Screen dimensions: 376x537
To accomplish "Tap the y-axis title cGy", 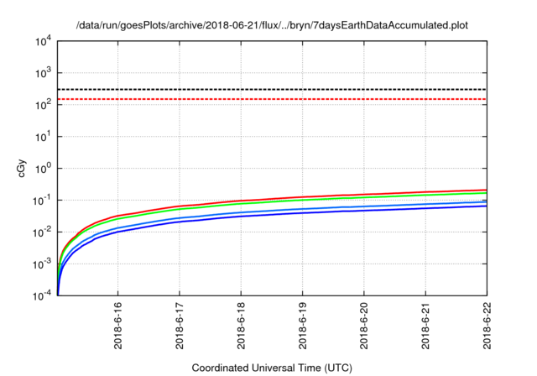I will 23,168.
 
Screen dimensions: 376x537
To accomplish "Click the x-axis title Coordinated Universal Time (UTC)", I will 272,368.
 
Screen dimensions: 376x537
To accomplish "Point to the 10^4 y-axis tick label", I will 44,39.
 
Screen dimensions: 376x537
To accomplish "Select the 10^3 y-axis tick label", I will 44,72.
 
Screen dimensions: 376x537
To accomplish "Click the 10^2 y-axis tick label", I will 44,104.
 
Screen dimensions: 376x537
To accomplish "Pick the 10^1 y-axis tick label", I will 44,136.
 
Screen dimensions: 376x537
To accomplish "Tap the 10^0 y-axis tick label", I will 44,169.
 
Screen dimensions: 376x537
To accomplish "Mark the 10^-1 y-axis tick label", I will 43,201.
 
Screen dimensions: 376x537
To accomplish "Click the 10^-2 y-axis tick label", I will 43,232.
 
